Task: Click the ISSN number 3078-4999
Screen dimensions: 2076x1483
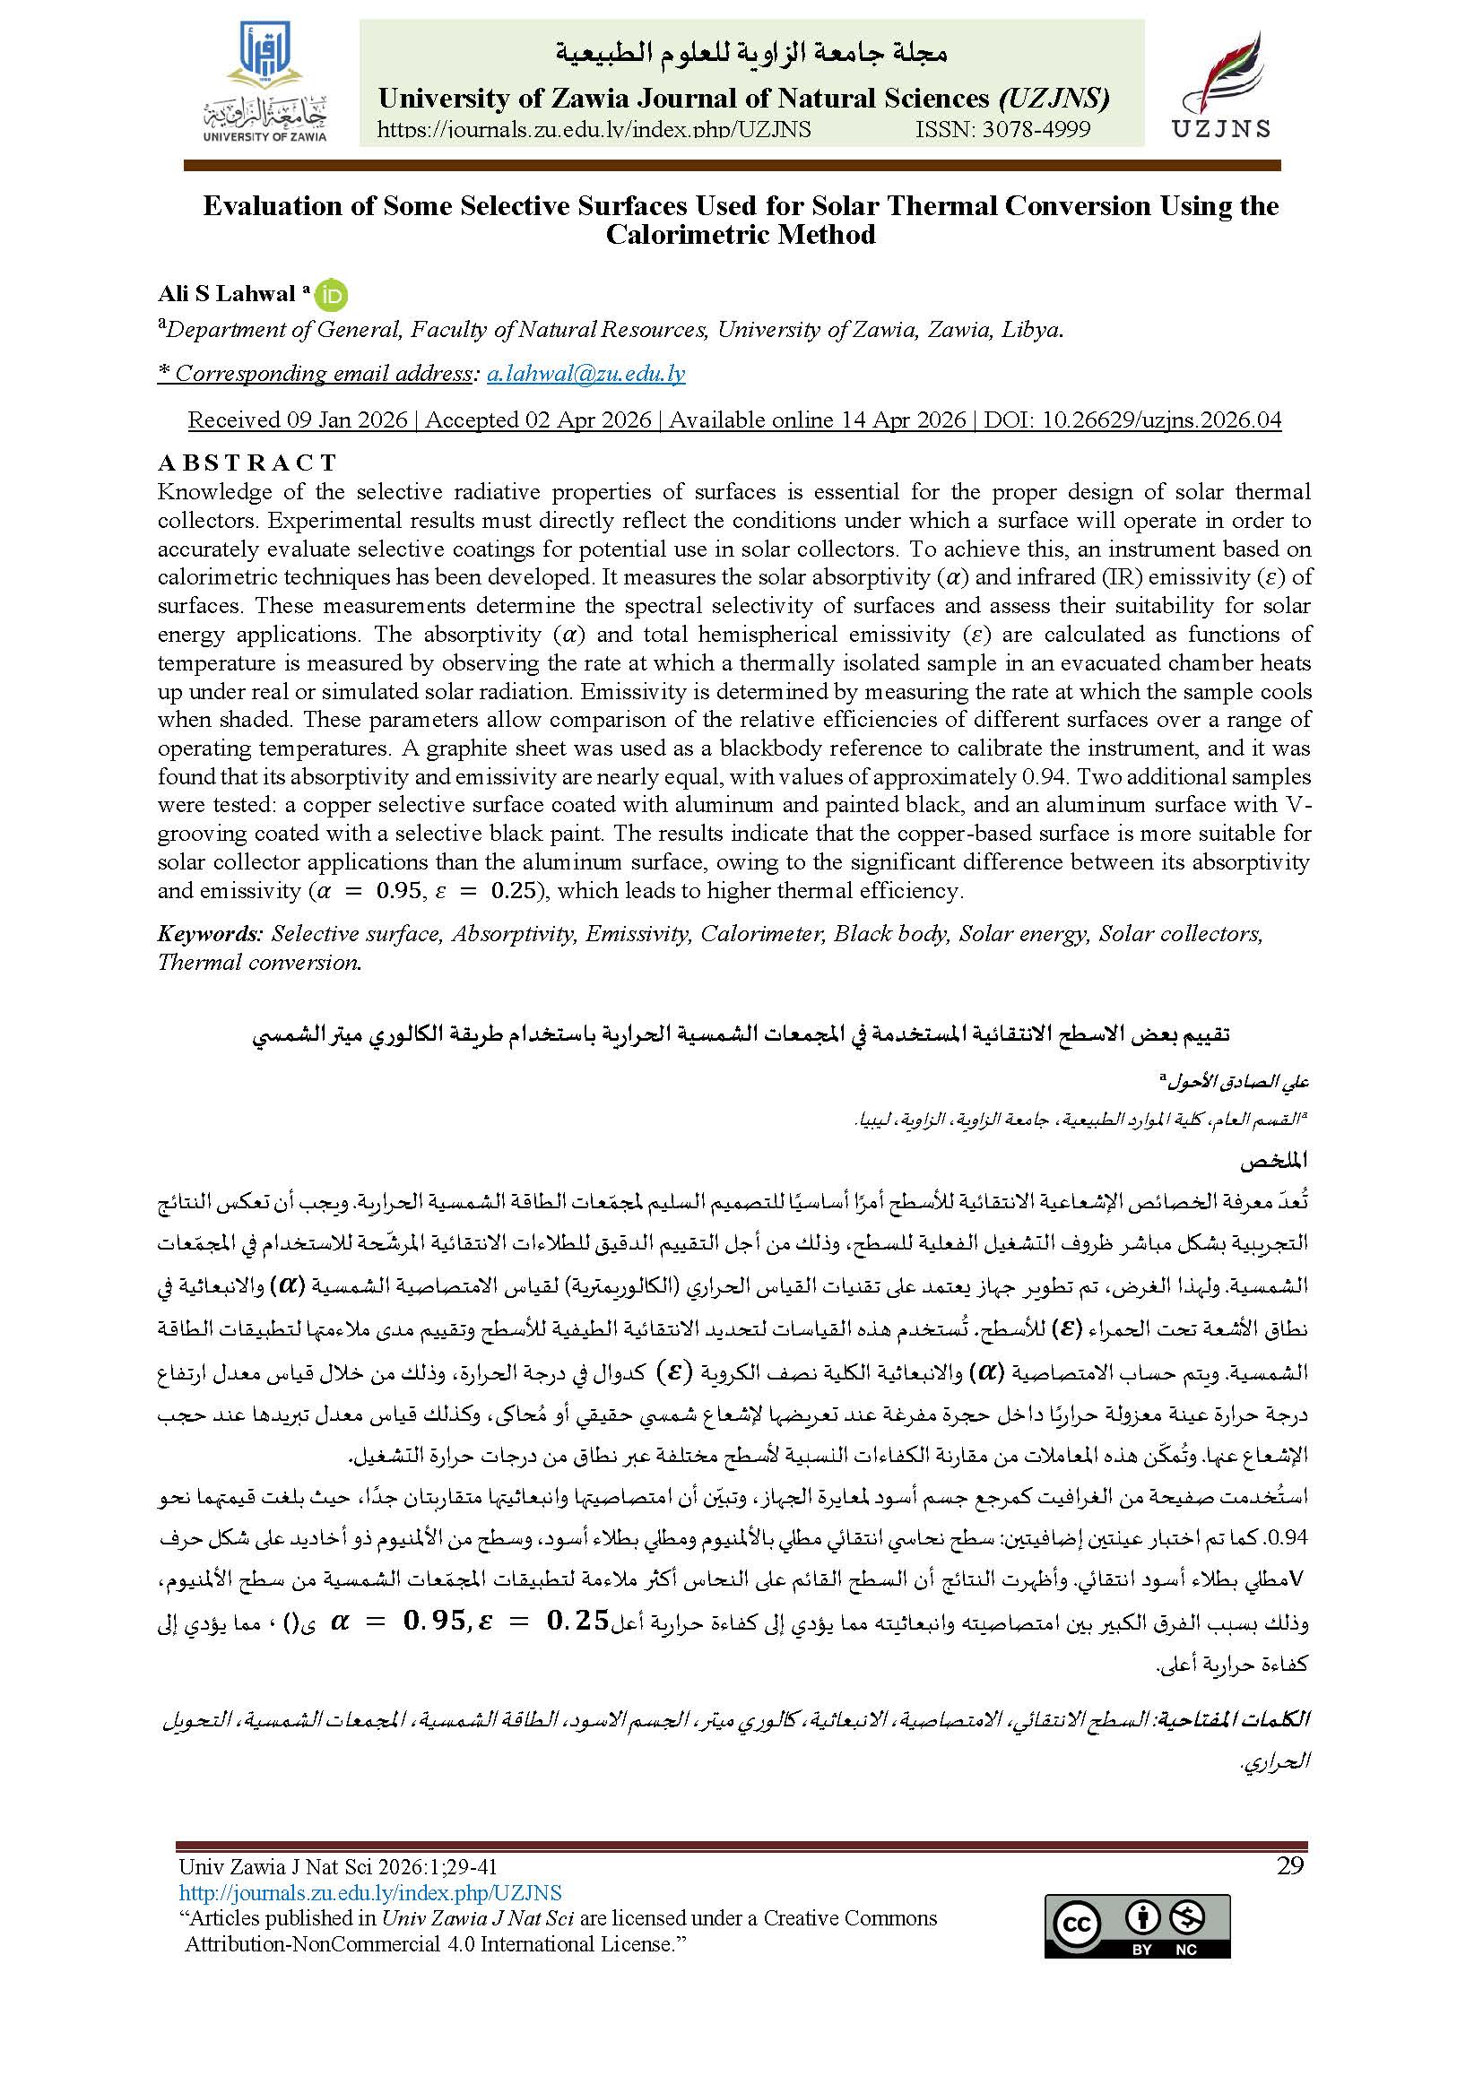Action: tap(1002, 130)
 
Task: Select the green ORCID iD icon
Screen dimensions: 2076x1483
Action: tap(333, 296)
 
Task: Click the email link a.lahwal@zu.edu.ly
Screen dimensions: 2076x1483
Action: tap(585, 374)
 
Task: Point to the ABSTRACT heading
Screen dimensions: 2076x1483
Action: tap(247, 463)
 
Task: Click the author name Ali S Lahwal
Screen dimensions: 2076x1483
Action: tap(227, 294)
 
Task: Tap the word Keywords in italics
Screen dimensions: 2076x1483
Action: tap(210, 934)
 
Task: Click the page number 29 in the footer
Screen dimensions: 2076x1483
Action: tap(1289, 1865)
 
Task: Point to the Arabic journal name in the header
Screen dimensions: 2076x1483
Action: tap(750, 54)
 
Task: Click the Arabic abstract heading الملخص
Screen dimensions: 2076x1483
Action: tap(1274, 1161)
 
